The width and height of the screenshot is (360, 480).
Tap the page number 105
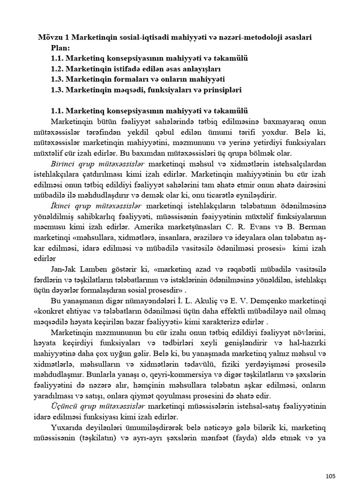[x=330, y=463]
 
